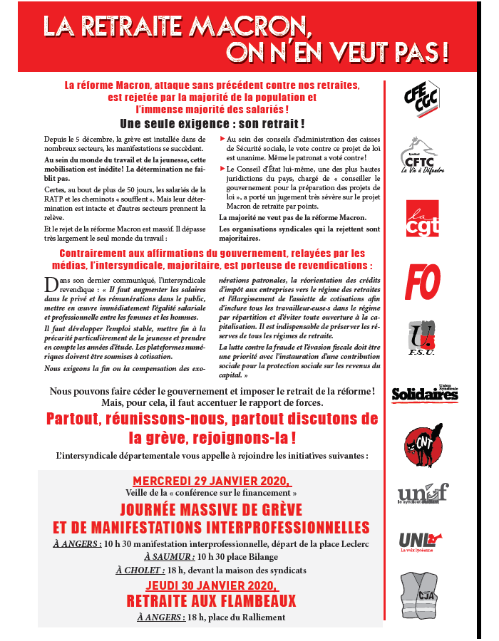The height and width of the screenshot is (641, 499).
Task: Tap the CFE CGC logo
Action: (x=421, y=97)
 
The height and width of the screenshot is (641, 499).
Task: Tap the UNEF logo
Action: (x=423, y=494)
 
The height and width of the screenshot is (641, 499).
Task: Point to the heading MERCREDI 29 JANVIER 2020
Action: (x=211, y=481)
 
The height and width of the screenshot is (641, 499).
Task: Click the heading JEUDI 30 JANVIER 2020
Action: (x=211, y=585)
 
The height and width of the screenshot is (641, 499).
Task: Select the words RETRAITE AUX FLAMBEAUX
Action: (x=211, y=600)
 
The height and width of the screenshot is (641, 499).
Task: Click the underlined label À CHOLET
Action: (x=140, y=570)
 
